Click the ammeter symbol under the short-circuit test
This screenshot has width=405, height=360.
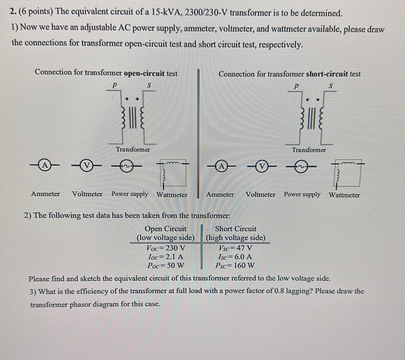pos(222,167)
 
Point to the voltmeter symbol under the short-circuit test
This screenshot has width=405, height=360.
pos(261,167)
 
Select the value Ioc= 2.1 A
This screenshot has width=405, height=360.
pos(165,257)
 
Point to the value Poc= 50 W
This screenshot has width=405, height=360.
pos(165,265)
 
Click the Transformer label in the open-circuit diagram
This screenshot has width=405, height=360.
pos(133,149)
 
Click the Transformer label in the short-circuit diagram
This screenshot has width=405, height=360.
pos(309,150)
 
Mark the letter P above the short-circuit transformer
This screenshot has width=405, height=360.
pos(296,87)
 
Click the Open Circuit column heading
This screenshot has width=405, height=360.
pos(166,228)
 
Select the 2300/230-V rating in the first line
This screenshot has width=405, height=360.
pos(206,12)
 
